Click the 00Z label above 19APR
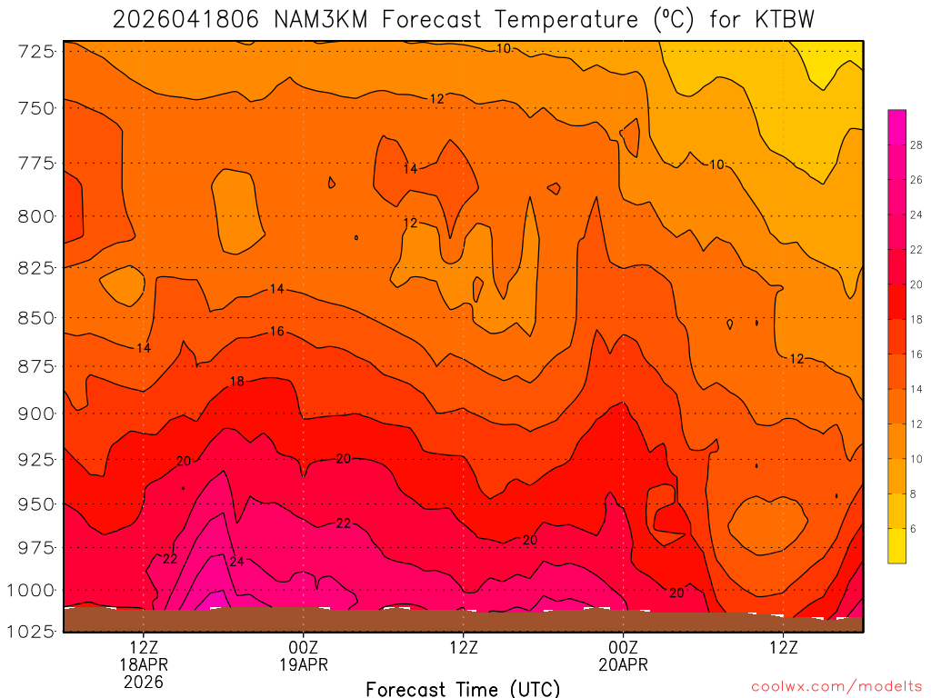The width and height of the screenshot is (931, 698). pyautogui.click(x=303, y=648)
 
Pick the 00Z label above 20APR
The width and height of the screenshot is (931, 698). pyautogui.click(x=623, y=648)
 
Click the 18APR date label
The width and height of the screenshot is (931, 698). pyautogui.click(x=144, y=665)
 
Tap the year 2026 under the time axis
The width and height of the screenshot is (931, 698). pyautogui.click(x=144, y=682)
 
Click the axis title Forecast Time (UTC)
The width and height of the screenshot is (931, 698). pyautogui.click(x=463, y=688)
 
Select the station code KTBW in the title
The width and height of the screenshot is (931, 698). pyautogui.click(x=783, y=19)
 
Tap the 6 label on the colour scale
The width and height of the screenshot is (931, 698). pyautogui.click(x=913, y=528)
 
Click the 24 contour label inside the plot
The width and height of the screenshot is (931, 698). pyautogui.click(x=236, y=562)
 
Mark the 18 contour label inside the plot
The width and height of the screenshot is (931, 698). pyautogui.click(x=236, y=382)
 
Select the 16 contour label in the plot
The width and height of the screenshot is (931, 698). pyautogui.click(x=277, y=332)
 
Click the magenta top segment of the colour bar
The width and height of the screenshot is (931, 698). pyautogui.click(x=896, y=118)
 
